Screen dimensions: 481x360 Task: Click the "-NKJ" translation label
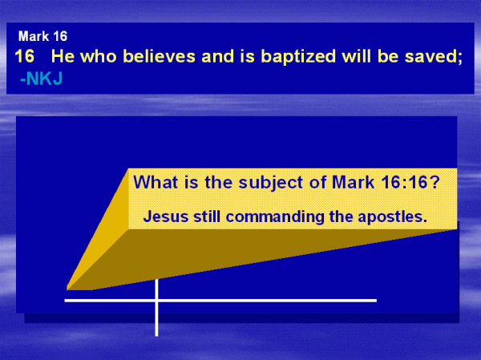click(42, 79)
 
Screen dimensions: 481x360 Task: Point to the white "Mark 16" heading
click(42, 37)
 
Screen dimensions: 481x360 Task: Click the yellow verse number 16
click(25, 56)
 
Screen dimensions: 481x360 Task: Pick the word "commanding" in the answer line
click(275, 216)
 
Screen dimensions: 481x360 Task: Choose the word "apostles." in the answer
click(394, 217)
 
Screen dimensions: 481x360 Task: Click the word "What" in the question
click(156, 182)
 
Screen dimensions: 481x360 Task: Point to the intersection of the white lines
click(156, 301)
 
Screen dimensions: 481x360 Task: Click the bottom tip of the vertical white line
click(156, 336)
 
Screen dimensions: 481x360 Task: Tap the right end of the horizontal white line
click(377, 301)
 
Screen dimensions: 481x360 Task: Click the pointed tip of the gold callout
click(67, 289)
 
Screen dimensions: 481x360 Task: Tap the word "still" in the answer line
click(207, 216)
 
